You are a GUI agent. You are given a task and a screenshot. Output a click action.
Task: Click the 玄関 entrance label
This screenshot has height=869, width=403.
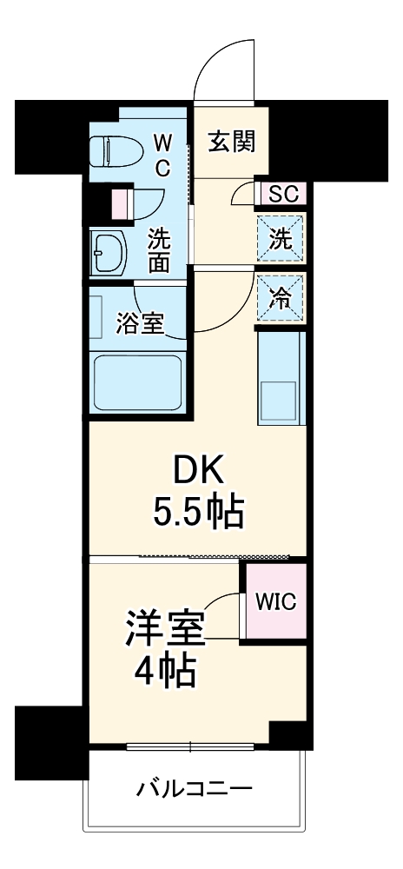pyautogui.click(x=231, y=140)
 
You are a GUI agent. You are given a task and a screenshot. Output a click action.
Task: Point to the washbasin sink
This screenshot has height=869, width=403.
pyautogui.click(x=109, y=252)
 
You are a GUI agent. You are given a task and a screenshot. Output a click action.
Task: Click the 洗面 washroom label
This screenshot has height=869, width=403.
pyautogui.click(x=158, y=249)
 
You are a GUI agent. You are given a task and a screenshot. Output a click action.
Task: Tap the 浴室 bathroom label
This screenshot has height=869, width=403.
pyautogui.click(x=140, y=323)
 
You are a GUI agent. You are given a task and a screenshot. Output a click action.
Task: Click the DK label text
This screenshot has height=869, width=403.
pyautogui.click(x=199, y=472)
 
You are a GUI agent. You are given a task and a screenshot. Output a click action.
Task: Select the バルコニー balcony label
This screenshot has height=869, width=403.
pyautogui.click(x=195, y=791)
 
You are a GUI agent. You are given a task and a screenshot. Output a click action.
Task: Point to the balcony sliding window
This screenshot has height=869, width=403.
pyautogui.click(x=190, y=746)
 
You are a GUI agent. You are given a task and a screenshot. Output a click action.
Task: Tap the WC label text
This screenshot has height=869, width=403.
pyautogui.click(x=162, y=151)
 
